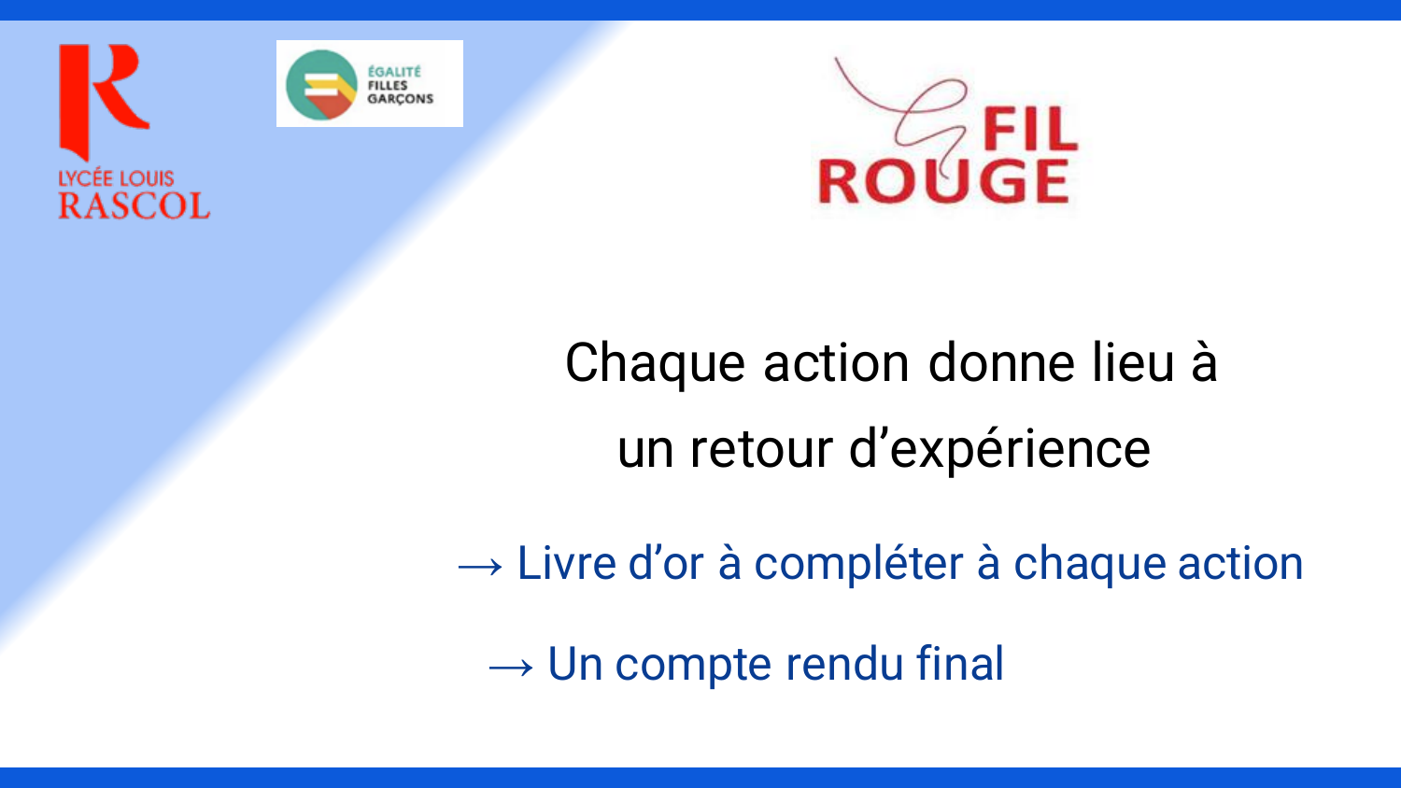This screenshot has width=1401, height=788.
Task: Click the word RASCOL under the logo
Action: pos(134,205)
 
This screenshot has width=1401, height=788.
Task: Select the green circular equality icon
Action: pos(321,84)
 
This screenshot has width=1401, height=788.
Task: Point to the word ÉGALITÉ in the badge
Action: pos(394,71)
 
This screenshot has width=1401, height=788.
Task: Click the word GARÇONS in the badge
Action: pos(401,99)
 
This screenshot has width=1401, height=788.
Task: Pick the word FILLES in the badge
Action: pos(388,85)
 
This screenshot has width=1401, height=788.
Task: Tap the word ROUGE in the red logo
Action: pos(943,181)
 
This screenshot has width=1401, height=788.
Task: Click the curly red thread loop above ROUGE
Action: pos(926,113)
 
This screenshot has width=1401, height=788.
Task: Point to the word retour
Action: pos(761,449)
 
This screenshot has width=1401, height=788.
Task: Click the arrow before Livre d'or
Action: pos(480,568)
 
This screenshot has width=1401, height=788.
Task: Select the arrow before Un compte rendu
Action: pos(511,668)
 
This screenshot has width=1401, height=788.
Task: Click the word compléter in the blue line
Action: pos(858,565)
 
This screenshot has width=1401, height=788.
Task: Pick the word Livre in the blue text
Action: pos(567,563)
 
